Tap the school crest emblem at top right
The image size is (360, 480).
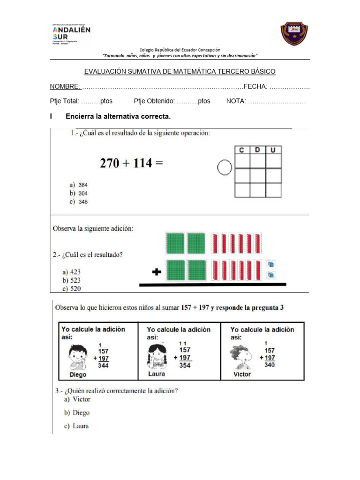coord(294,34)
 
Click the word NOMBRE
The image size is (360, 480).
coord(65,87)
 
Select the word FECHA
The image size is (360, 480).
coord(255,87)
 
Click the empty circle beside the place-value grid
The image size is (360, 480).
coord(225,167)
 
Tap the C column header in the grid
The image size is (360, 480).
coord(242,150)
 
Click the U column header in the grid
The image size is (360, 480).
coord(273,150)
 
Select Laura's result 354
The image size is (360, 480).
coord(185,365)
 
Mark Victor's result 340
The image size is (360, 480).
coord(270,365)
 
